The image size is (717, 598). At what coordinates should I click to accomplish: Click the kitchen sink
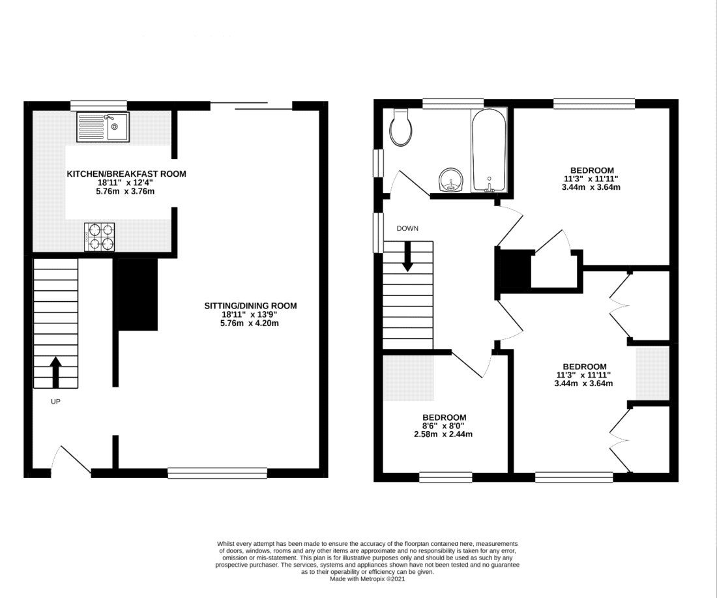[103, 127]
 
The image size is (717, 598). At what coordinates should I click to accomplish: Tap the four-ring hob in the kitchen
[99, 237]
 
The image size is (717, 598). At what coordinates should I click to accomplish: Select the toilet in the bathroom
[402, 127]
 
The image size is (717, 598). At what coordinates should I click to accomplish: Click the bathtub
[489, 151]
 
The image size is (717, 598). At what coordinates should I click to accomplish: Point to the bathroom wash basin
[451, 180]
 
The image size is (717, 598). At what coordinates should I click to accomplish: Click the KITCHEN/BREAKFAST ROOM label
[126, 174]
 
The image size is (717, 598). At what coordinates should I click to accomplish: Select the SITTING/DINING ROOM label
[250, 306]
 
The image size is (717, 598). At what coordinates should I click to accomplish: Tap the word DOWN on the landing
[407, 228]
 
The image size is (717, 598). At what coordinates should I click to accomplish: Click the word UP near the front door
[55, 402]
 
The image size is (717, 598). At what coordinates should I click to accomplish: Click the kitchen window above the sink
[99, 105]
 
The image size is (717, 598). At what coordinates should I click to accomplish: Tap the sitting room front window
[217, 473]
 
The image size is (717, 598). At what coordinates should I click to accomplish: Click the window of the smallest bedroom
[446, 477]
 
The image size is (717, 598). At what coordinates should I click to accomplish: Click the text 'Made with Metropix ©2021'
[368, 579]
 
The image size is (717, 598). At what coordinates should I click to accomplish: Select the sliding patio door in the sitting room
[251, 106]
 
